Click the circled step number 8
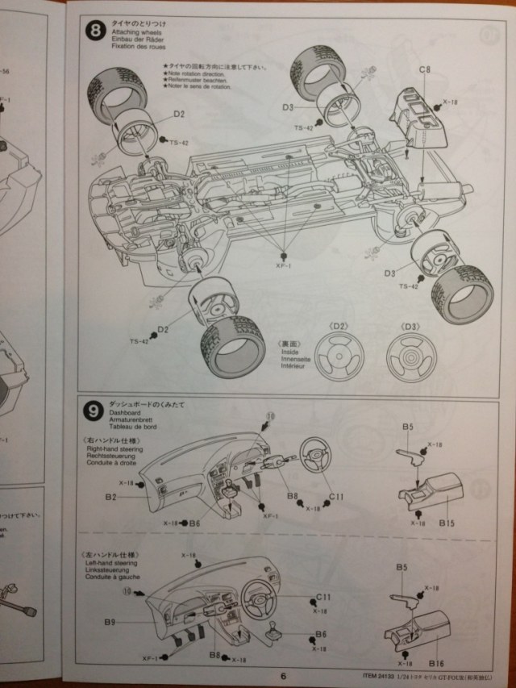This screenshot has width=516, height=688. click(x=97, y=31)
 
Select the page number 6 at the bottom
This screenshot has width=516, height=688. click(x=284, y=675)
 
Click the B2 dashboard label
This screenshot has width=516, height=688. click(x=110, y=497)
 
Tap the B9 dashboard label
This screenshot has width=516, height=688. click(x=110, y=622)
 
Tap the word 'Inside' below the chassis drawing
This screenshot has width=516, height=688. click(x=288, y=352)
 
